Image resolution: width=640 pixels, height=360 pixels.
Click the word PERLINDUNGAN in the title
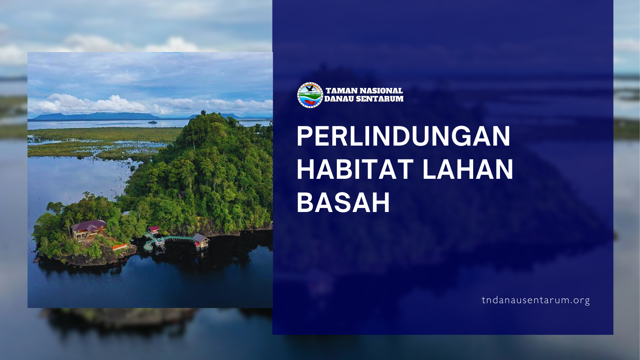404,136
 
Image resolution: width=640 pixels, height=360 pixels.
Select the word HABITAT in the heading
355,169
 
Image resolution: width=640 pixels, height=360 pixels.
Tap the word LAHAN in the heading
468,169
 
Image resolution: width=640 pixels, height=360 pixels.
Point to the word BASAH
343,202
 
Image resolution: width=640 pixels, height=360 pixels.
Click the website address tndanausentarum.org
536,300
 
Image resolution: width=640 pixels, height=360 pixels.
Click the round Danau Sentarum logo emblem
310,95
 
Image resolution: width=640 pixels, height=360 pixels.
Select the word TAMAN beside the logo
342,91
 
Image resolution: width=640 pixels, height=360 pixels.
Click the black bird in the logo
310,89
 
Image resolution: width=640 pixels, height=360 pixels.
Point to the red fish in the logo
310,102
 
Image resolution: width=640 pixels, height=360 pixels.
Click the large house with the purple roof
88,228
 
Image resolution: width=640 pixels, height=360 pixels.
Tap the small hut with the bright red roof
154,230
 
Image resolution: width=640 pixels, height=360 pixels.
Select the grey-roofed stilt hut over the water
201,240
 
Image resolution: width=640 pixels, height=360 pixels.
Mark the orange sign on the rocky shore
120,246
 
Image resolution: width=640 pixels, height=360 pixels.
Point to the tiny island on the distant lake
152,122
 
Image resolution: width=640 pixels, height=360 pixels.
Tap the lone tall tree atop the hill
204,112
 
